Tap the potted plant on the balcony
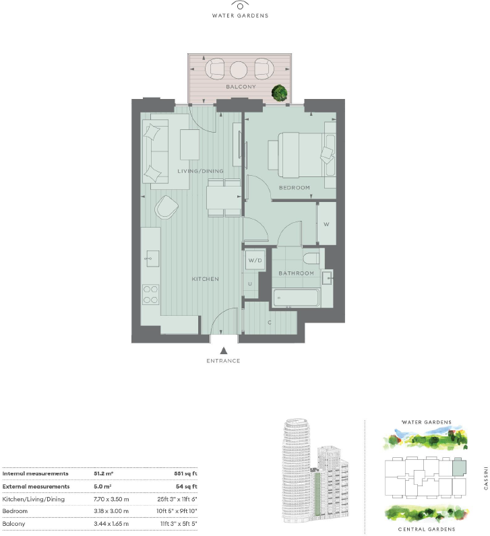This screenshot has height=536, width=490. (x=278, y=94)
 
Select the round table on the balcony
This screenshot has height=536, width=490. (x=239, y=69)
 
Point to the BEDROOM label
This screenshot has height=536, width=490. (x=294, y=187)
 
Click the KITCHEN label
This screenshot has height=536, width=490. (x=206, y=279)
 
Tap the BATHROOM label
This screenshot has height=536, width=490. (x=297, y=273)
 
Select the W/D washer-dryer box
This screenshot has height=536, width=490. (x=255, y=259)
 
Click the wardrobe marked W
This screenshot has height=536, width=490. (x=326, y=224)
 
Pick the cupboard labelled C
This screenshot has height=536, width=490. (x=270, y=322)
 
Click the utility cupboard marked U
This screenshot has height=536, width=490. (x=250, y=283)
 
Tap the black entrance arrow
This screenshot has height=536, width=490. (x=224, y=349)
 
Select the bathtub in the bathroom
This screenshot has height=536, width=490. (x=297, y=296)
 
